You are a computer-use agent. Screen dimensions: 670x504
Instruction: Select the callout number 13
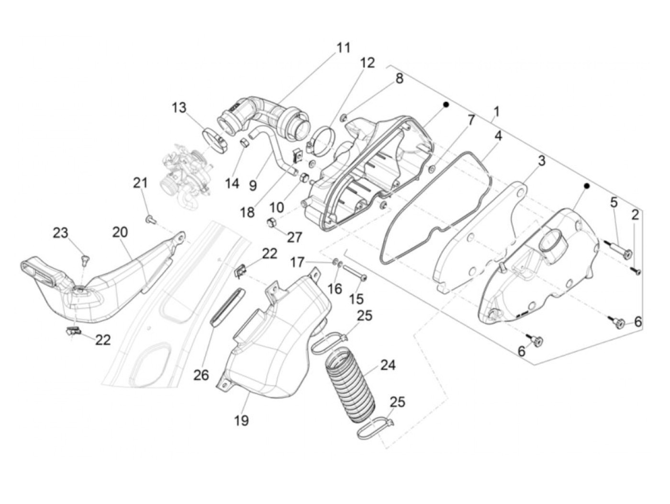(x=179, y=107)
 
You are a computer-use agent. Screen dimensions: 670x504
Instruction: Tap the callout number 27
(x=295, y=237)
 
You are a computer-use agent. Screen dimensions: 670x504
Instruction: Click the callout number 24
(x=388, y=365)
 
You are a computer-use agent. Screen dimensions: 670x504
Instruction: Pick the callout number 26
(x=201, y=375)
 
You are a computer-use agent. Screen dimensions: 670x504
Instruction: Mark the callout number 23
(x=60, y=233)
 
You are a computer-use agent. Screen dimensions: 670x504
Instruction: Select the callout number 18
(x=247, y=212)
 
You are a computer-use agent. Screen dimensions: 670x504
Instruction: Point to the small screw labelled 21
(x=149, y=219)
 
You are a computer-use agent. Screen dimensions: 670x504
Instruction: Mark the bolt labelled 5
(x=619, y=250)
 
